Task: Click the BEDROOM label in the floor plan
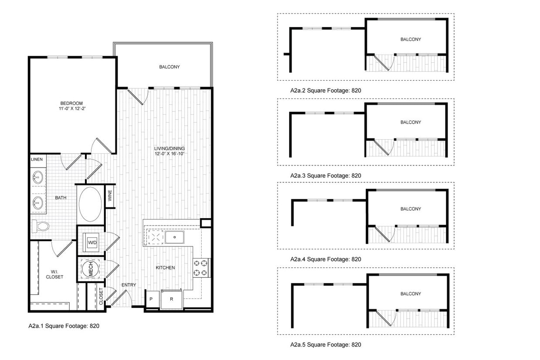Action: point(71,103)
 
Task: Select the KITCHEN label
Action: point(165,268)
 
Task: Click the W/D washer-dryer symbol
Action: point(92,242)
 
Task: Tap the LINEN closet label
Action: point(37,159)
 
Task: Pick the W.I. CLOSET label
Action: point(55,274)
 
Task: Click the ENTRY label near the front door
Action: point(129,285)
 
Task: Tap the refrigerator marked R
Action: point(172,299)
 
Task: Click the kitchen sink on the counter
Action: point(175,238)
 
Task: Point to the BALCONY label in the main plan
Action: point(169,67)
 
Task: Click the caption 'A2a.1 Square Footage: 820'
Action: point(64,326)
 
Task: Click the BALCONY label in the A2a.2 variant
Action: point(411,40)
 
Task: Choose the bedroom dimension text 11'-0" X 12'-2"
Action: point(71,108)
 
